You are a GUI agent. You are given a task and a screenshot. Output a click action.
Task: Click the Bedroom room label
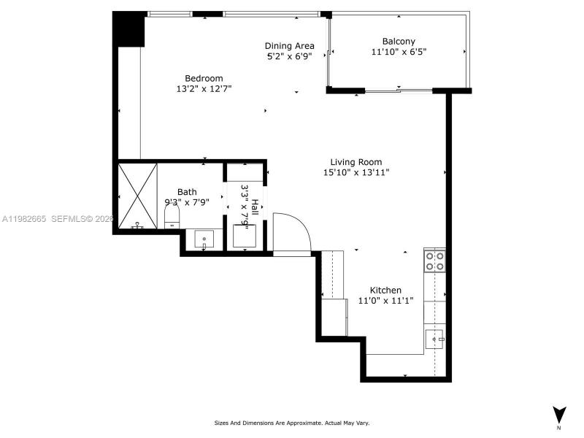click(204, 78)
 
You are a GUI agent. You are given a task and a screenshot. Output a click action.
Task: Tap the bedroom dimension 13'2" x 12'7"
click(204, 89)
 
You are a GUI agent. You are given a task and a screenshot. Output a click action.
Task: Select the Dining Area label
click(289, 46)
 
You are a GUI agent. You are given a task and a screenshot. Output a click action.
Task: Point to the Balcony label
click(399, 42)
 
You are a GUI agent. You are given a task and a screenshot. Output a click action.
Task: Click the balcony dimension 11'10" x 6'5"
click(399, 52)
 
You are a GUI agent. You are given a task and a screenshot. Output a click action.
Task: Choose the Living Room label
click(356, 162)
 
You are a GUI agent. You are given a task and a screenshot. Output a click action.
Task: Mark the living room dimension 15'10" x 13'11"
click(356, 173)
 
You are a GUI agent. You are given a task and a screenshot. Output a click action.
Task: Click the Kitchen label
click(385, 290)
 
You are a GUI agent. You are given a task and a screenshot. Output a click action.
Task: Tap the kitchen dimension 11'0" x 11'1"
click(385, 301)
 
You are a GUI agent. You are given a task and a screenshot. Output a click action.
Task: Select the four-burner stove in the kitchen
click(435, 261)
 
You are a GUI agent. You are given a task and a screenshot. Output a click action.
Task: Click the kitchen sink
click(435, 339)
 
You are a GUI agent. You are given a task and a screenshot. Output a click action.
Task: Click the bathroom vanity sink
click(204, 239)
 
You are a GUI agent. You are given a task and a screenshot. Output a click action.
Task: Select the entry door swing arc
click(293, 232)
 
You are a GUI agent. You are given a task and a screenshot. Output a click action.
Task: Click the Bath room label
click(187, 192)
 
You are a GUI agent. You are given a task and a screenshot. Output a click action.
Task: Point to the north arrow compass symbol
click(558, 415)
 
